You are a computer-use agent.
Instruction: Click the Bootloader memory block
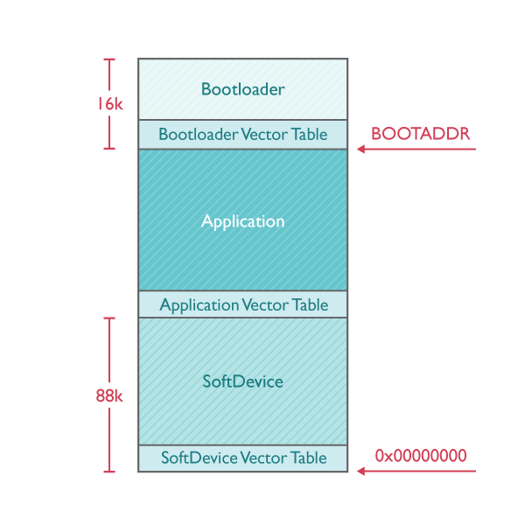(242, 89)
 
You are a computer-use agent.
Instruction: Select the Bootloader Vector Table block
(242, 135)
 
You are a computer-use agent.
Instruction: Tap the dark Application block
(242, 220)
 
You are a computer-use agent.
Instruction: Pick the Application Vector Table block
(242, 304)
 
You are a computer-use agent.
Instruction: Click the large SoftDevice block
(242, 381)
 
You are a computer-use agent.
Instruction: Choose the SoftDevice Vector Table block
(242, 458)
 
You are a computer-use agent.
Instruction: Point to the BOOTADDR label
(421, 134)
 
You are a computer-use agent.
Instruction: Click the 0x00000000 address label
(421, 456)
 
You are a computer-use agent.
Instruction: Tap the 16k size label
(109, 104)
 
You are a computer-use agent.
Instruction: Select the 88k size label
(109, 395)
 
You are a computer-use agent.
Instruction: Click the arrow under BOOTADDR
(416, 150)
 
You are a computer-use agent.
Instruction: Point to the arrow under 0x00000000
(416, 472)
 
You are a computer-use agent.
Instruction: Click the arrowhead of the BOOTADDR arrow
(360, 150)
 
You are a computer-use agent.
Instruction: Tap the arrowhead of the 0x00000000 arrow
(360, 472)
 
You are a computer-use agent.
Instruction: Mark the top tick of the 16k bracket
(109, 59)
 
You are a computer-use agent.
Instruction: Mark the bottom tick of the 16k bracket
(109, 149)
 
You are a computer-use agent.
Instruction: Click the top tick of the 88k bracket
(109, 318)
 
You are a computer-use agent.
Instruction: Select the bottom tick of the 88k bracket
(109, 472)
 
